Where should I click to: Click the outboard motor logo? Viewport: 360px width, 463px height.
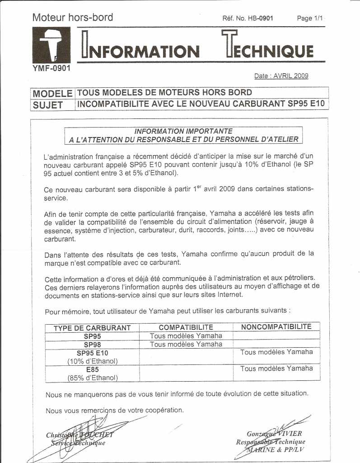point(51,45)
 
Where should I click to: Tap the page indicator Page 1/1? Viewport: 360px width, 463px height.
point(310,19)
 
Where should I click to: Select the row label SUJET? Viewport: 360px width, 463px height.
point(47,104)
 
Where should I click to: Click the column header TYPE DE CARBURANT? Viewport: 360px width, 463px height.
point(92,328)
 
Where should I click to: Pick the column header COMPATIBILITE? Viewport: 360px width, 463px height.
point(186,327)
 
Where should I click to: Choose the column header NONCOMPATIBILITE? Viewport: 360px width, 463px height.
point(276,326)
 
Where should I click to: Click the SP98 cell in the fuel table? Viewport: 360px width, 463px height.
point(92,345)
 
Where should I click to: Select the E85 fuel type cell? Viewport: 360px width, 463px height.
point(92,369)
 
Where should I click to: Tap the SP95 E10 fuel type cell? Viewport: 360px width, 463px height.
point(92,353)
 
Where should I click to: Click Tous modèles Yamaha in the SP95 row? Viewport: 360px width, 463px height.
point(186,336)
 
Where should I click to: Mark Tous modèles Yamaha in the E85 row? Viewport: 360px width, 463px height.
point(276,369)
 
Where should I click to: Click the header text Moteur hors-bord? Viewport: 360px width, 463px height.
point(73,18)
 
